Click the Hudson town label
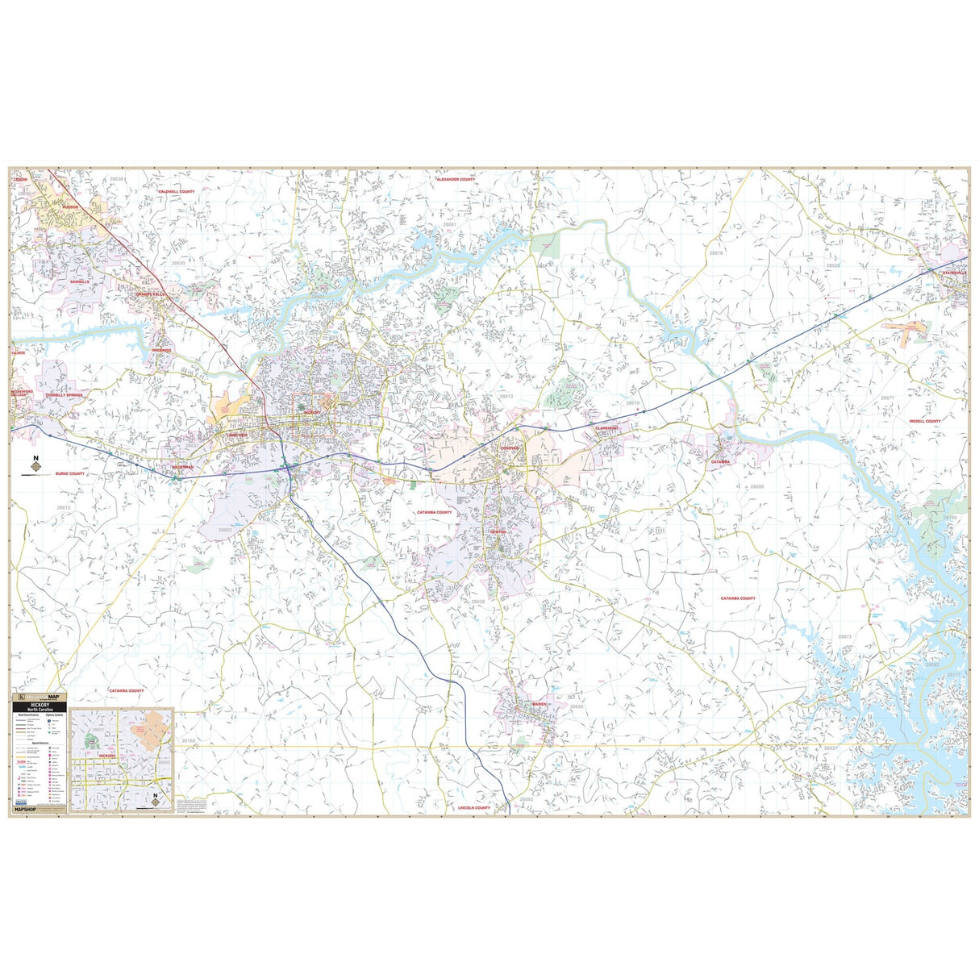70,207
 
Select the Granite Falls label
151,294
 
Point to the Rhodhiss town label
162,350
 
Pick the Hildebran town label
182,467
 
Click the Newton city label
498,532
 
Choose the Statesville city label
955,273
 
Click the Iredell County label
925,421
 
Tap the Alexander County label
456,180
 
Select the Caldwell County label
177,192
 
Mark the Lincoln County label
474,807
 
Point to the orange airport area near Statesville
906,328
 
